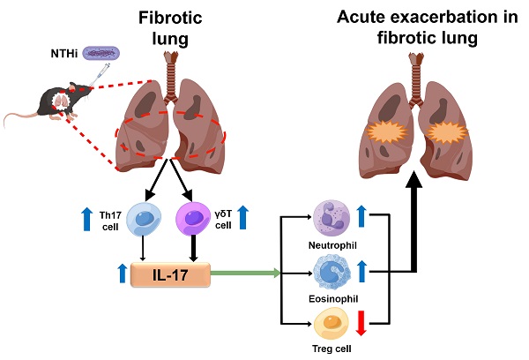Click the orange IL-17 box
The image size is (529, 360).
(171, 275)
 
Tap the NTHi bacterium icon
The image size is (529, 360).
(106, 55)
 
